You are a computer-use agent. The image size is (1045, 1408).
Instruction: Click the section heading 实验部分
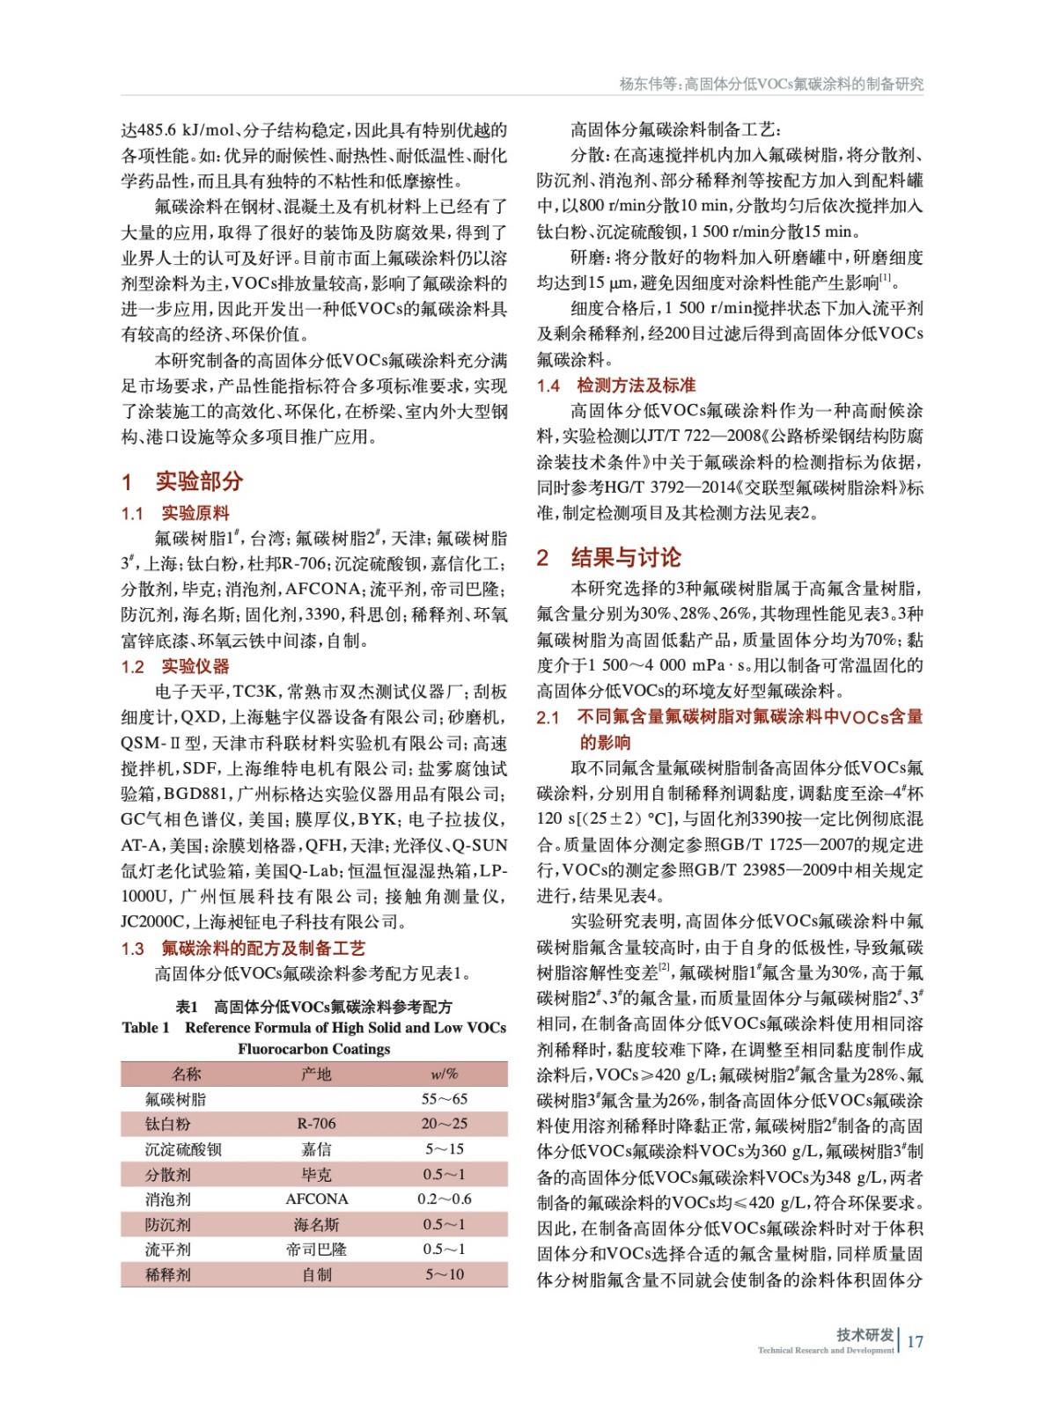pyautogui.click(x=199, y=481)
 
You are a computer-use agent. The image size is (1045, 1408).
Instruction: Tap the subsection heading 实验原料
pyautogui.click(x=195, y=513)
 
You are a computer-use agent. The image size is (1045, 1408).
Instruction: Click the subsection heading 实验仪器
pyautogui.click(x=195, y=666)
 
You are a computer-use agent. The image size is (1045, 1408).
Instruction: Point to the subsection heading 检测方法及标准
pyautogui.click(x=636, y=385)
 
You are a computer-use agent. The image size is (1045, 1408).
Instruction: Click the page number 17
pyautogui.click(x=915, y=1341)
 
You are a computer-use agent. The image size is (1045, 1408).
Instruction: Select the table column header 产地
pyautogui.click(x=316, y=1074)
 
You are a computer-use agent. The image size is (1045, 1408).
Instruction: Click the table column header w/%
pyautogui.click(x=444, y=1074)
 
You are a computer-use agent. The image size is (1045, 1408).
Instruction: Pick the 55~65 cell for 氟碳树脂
pyautogui.click(x=444, y=1099)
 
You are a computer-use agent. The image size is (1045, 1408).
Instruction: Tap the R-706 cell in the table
pyautogui.click(x=316, y=1124)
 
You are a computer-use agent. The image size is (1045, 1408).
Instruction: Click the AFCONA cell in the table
pyautogui.click(x=316, y=1199)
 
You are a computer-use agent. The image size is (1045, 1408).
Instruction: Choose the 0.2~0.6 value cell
pyautogui.click(x=444, y=1199)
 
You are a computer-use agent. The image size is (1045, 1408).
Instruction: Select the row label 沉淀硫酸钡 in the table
pyautogui.click(x=183, y=1149)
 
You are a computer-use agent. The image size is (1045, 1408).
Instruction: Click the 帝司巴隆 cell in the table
pyautogui.click(x=316, y=1249)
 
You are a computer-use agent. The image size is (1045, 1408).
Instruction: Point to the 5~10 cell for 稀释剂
pyautogui.click(x=444, y=1274)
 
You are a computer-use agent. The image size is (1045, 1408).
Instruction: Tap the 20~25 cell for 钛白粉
pyautogui.click(x=444, y=1124)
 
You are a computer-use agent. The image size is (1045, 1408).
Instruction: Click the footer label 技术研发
pyautogui.click(x=865, y=1334)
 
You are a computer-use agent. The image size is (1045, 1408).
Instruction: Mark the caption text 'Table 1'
pyautogui.click(x=145, y=1028)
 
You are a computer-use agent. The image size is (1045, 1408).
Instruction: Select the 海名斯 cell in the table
pyautogui.click(x=316, y=1224)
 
